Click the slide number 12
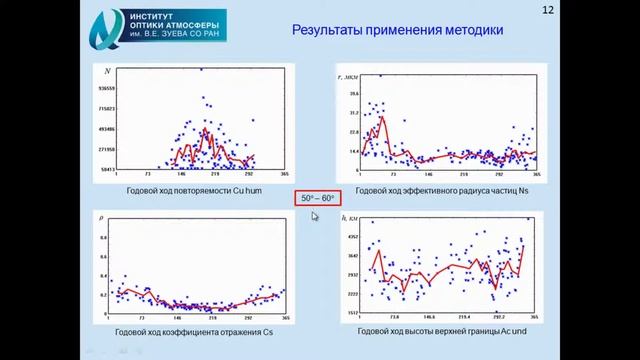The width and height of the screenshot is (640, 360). (547, 10)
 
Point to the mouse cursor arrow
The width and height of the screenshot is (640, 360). (314, 215)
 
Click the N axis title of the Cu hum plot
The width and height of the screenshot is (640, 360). (108, 71)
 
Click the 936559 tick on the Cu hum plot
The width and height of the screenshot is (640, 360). (108, 88)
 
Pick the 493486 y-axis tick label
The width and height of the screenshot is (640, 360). (108, 129)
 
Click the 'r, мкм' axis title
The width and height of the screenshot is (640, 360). (351, 76)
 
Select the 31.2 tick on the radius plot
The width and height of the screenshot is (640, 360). (353, 113)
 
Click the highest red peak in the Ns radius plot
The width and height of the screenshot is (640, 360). (381, 118)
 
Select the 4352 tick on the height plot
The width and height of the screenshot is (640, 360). (352, 236)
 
